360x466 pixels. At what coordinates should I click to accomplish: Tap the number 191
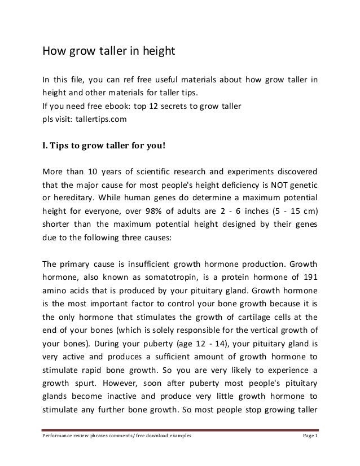tap(308, 278)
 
